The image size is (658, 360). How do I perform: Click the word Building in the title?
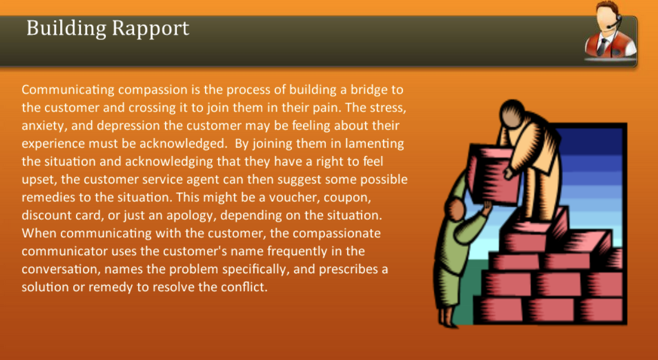(66, 29)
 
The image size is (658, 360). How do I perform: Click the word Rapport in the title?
(150, 29)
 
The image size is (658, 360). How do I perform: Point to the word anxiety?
(43, 126)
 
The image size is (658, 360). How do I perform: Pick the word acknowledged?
(184, 144)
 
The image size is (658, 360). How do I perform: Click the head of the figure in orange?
(512, 114)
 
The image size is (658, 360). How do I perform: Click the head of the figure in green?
(455, 210)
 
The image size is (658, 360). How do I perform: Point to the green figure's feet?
(447, 318)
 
